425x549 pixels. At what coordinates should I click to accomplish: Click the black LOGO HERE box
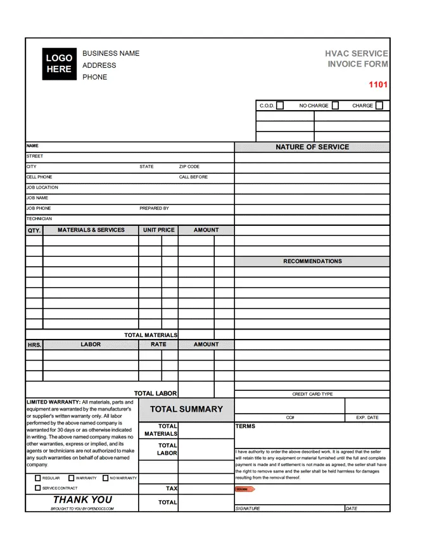[59, 63]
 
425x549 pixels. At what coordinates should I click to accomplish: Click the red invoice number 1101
[378, 85]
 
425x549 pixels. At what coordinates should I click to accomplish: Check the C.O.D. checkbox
[280, 106]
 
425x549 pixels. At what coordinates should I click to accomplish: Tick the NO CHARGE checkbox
[335, 106]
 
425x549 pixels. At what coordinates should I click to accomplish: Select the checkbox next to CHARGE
[379, 106]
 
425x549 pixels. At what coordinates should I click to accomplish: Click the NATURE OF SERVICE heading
[312, 147]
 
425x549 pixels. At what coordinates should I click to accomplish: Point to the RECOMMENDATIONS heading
[312, 261]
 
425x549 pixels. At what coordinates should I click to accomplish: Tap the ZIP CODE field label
[189, 167]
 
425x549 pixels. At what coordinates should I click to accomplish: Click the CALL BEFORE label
[193, 177]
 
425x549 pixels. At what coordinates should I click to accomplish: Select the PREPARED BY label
[154, 208]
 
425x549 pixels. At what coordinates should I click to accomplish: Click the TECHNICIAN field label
[39, 219]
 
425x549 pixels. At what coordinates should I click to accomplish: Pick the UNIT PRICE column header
[158, 230]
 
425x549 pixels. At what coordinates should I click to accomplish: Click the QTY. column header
[34, 231]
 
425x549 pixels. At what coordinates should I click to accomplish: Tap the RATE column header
[158, 345]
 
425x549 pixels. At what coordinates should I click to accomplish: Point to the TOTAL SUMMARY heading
[186, 409]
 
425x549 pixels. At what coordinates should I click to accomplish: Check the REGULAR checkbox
[38, 478]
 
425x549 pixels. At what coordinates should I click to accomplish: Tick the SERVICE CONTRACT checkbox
[38, 488]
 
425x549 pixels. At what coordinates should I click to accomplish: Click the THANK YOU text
[82, 500]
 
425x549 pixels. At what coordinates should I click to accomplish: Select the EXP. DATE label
[367, 418]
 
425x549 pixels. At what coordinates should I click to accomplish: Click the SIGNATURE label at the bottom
[248, 509]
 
